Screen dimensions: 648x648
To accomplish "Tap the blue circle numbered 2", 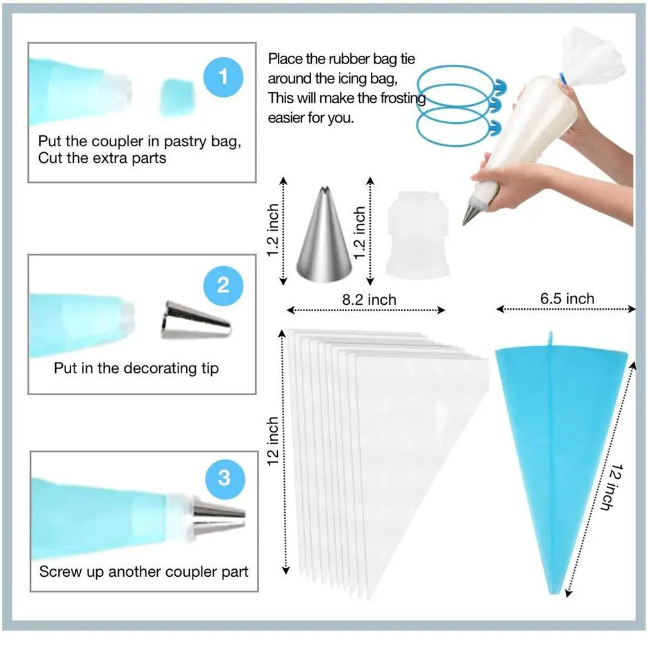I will point(223,284).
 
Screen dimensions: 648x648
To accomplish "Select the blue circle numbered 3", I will point(223,478).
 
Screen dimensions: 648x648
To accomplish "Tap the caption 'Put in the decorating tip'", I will point(136,368).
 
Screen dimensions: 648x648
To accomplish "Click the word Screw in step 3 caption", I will point(60,571).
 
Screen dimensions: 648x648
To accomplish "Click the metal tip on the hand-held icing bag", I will point(470,212).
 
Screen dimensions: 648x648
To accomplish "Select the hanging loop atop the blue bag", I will point(550,337).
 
